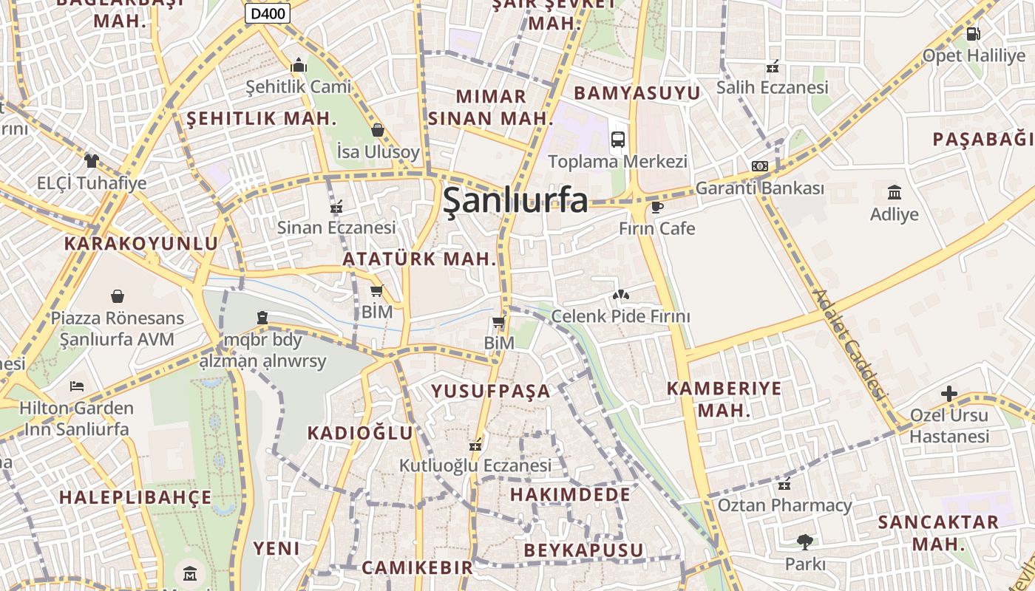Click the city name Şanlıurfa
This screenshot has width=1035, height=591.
(515, 201)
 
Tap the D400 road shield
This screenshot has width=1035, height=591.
(268, 13)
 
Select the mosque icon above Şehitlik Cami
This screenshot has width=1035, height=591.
(299, 66)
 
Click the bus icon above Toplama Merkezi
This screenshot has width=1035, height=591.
(617, 139)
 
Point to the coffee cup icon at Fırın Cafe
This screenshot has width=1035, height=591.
(657, 207)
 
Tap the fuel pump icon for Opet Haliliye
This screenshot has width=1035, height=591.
(974, 33)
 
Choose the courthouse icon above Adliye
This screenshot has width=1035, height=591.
(895, 193)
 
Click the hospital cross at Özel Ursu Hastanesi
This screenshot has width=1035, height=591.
(949, 394)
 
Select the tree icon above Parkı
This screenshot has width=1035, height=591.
(805, 542)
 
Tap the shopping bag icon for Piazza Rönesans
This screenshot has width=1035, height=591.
(117, 297)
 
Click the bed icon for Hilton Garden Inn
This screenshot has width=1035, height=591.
(76, 386)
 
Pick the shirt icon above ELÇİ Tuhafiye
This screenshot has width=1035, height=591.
(92, 160)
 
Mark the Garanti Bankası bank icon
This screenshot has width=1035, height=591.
(760, 166)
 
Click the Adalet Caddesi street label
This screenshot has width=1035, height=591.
(849, 344)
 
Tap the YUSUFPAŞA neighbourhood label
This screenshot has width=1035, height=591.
(491, 391)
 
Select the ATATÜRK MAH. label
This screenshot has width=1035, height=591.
(418, 259)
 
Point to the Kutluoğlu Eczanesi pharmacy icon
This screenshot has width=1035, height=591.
(475, 445)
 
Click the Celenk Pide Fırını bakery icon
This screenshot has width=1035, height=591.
(620, 295)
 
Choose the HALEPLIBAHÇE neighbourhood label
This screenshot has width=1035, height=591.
(135, 497)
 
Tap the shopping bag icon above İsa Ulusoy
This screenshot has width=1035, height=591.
(378, 131)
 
